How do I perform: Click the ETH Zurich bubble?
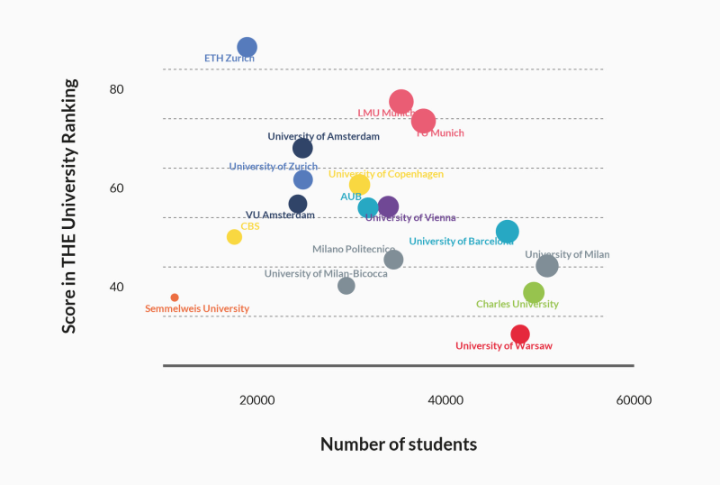(247, 47)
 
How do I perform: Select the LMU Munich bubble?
(401, 102)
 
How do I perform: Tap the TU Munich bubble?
(424, 121)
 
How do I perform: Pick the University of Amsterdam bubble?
(302, 148)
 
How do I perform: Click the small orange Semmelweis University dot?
(175, 297)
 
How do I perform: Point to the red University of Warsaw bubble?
(520, 334)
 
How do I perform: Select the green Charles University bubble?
(534, 292)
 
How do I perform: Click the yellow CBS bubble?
(234, 237)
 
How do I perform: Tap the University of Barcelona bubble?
(508, 232)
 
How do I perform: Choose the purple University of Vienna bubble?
(388, 207)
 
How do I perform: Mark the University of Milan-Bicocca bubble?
(346, 286)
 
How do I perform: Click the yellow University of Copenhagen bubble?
(359, 185)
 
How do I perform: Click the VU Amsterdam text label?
(280, 215)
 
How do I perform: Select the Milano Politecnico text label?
(354, 250)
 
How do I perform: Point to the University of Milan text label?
(567, 254)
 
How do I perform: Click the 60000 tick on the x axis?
(633, 400)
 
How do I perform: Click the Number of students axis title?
(399, 444)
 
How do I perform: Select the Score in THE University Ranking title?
(69, 206)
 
